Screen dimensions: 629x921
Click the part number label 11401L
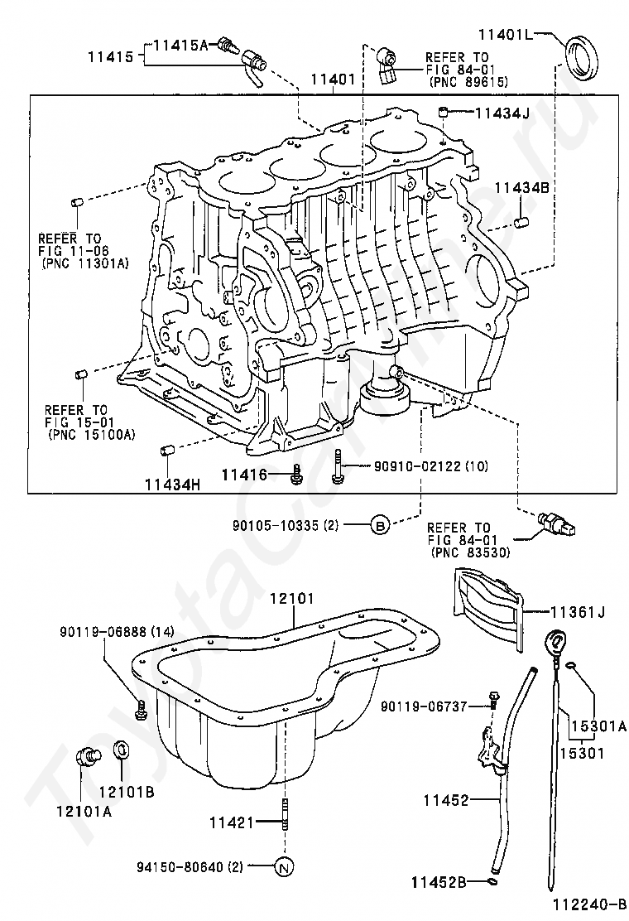[x=505, y=35]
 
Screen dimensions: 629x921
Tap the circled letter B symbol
[x=380, y=524]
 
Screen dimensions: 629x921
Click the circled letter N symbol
[x=283, y=866]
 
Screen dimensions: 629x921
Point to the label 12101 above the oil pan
[x=291, y=599]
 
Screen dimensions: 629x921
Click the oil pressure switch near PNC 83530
[x=557, y=523]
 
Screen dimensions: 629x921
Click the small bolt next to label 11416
[x=296, y=475]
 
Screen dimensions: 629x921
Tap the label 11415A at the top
[x=180, y=44]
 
